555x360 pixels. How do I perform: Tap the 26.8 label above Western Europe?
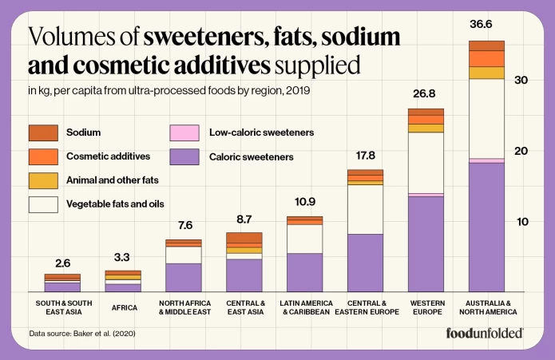424,93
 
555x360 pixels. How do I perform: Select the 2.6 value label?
61,262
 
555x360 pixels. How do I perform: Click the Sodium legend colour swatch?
43,133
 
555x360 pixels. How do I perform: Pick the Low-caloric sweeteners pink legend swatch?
185,133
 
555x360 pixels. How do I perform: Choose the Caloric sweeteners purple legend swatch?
185,156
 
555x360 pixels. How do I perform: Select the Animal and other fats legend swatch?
43,180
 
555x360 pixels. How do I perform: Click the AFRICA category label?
124,307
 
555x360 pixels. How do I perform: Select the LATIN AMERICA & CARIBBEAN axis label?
304,307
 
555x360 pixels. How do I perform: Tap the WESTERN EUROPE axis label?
424,307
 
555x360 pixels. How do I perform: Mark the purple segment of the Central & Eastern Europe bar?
365,263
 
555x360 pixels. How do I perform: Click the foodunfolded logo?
485,333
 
